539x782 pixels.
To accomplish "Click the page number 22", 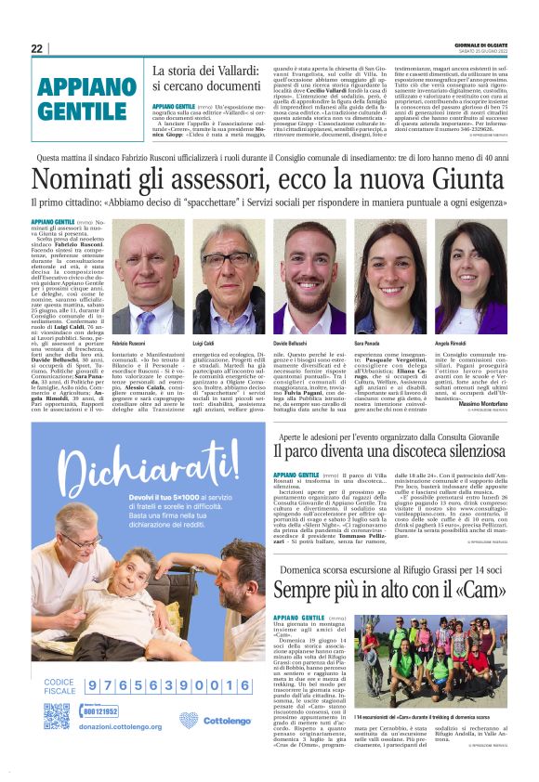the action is (36, 48).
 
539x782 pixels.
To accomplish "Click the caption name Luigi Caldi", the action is (204, 344).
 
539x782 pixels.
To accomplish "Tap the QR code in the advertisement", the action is (56, 716).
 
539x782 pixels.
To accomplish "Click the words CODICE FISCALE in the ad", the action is (59, 686).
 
